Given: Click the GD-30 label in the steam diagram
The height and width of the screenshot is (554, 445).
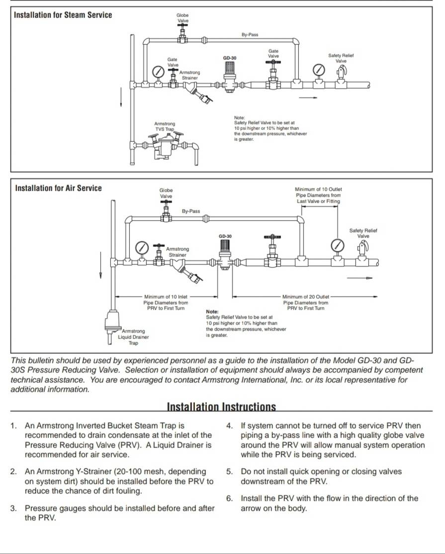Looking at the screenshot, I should [x=229, y=58].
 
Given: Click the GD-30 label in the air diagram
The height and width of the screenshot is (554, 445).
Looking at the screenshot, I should [x=225, y=236].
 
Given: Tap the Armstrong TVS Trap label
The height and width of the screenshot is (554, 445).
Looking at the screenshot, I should [x=165, y=126].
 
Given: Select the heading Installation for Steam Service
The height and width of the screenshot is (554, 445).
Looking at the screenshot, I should [x=63, y=15].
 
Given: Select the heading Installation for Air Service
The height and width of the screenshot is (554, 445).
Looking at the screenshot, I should [x=58, y=188].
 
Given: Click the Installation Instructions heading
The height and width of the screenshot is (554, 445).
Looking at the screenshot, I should [x=221, y=407].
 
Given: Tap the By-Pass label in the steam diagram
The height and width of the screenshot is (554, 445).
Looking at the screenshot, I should [x=250, y=35].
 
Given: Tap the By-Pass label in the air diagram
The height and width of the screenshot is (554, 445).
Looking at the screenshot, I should [x=191, y=211].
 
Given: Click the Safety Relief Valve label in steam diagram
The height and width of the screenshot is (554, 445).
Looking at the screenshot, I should [x=341, y=58].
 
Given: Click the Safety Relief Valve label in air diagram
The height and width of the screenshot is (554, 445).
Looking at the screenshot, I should [x=363, y=233].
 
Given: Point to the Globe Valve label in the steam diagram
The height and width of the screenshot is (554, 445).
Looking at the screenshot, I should [x=182, y=18].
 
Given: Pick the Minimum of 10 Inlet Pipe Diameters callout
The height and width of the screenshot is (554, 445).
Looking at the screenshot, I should [x=166, y=302].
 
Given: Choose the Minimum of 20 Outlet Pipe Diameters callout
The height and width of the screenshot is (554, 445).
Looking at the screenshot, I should [x=306, y=302].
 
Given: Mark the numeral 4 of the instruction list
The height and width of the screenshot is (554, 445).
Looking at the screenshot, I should [x=229, y=426].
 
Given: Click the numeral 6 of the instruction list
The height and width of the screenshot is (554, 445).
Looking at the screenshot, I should [x=229, y=498].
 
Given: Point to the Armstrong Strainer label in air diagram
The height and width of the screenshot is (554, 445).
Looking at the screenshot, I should [x=178, y=252].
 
